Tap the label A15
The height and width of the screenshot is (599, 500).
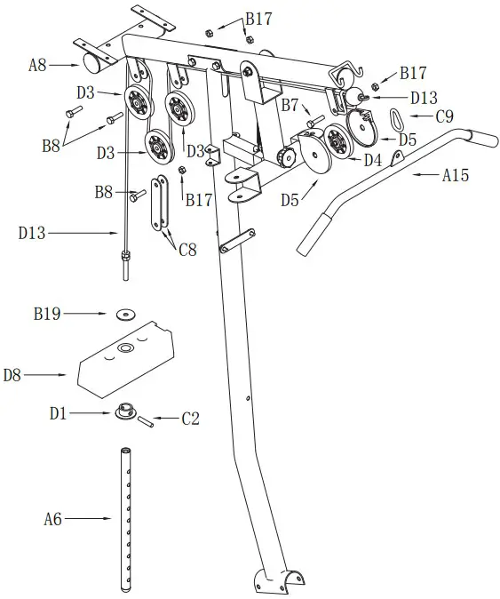457,176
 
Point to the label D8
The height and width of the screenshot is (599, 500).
12,375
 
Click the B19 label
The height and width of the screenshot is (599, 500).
46,313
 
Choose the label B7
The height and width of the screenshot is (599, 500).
290,106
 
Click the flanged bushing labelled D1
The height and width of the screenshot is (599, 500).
124,412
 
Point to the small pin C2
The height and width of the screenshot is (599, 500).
147,419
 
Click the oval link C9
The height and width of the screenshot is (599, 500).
397,116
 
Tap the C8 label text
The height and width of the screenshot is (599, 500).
187,251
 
